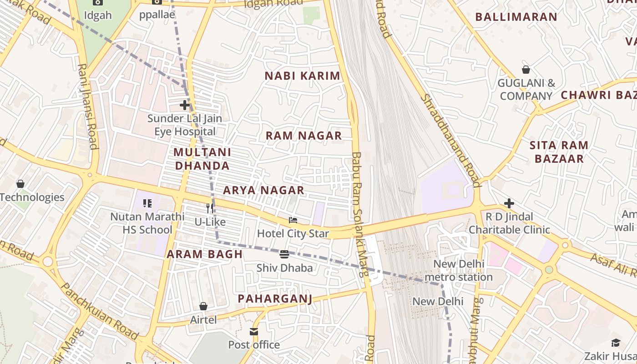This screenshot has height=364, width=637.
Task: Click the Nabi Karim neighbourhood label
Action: click(x=303, y=76)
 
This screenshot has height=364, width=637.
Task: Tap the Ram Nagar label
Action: click(x=303, y=136)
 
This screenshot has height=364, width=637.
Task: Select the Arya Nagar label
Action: click(x=263, y=190)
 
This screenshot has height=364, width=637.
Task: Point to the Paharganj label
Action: click(x=275, y=298)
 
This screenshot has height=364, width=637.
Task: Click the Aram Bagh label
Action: click(x=205, y=254)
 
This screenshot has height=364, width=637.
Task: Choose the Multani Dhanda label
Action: click(x=202, y=159)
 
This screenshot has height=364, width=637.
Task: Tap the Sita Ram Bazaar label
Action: click(x=559, y=152)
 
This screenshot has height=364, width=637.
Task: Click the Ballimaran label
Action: click(x=516, y=17)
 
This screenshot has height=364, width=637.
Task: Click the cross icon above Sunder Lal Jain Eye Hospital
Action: click(x=184, y=105)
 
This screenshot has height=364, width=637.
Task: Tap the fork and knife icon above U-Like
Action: click(x=210, y=208)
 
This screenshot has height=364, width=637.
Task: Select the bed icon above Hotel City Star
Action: click(x=293, y=221)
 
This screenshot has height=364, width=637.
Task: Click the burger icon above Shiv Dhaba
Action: click(x=284, y=254)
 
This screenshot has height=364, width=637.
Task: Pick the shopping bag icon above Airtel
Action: click(x=203, y=307)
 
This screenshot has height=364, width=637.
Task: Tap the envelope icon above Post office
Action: click(x=254, y=332)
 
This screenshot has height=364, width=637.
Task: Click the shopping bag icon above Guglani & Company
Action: click(x=526, y=70)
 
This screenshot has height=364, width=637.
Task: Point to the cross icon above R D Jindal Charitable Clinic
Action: click(x=509, y=203)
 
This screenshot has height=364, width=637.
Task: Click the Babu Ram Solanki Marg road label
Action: click(x=359, y=214)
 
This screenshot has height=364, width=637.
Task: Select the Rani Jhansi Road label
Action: click(x=88, y=106)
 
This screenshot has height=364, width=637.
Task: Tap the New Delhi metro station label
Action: click(x=459, y=270)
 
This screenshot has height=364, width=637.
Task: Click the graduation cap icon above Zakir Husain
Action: click(x=616, y=343)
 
